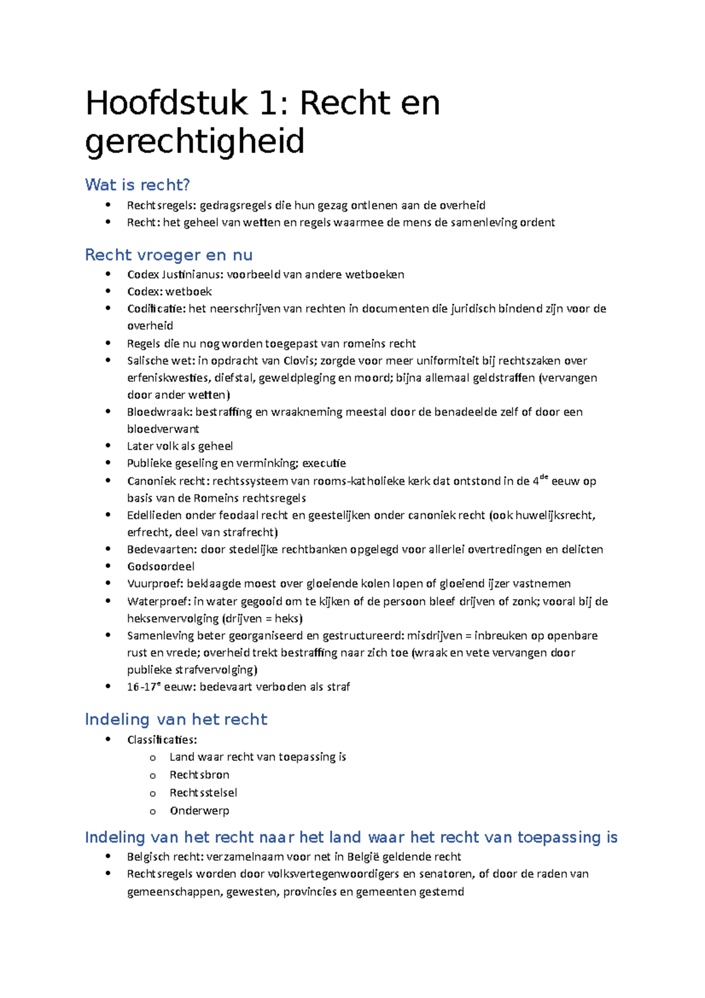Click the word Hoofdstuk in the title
click(x=166, y=103)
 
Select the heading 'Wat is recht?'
click(x=137, y=185)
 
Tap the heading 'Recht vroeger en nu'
click(x=169, y=255)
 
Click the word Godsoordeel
click(x=160, y=567)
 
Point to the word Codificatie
click(x=156, y=309)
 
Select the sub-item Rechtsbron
click(x=199, y=775)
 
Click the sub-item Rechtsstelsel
click(x=203, y=793)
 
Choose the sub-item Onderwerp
click(x=199, y=811)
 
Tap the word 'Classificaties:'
click(x=162, y=739)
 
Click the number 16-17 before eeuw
click(x=143, y=687)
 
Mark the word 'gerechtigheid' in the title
click(x=194, y=141)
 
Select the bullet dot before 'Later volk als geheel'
click(x=108, y=446)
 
